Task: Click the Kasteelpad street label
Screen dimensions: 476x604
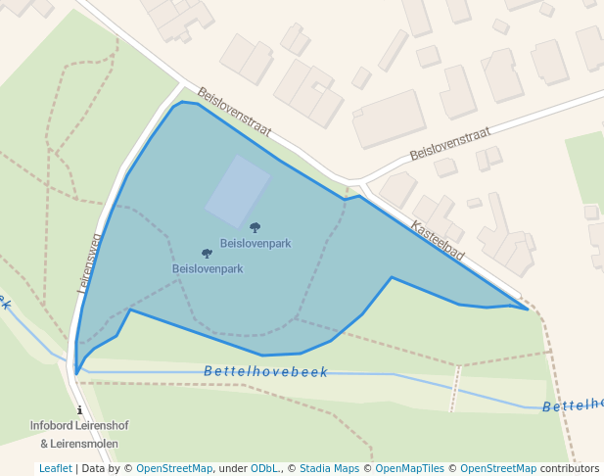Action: [438, 240]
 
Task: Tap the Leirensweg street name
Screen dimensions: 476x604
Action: [90, 262]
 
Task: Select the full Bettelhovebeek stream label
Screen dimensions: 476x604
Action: [266, 372]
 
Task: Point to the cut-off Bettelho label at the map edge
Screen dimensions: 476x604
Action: [574, 405]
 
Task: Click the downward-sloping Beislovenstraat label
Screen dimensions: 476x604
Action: [234, 114]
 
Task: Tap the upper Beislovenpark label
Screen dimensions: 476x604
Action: [256, 243]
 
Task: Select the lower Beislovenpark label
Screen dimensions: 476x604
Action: [208, 268]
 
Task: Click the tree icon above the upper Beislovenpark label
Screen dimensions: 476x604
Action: [256, 228]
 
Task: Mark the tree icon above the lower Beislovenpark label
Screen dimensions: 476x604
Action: [207, 254]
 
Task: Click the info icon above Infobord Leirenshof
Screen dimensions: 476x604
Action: [79, 410]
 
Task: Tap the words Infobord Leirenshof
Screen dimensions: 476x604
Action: [79, 426]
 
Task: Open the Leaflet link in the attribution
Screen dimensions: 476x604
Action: [55, 468]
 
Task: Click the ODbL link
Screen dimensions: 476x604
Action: [263, 468]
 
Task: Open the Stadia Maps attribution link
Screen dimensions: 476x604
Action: [329, 468]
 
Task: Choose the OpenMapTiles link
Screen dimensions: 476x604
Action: [405, 468]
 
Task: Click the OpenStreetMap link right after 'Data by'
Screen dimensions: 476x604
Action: [174, 468]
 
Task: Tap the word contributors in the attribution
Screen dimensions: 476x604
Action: [570, 468]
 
